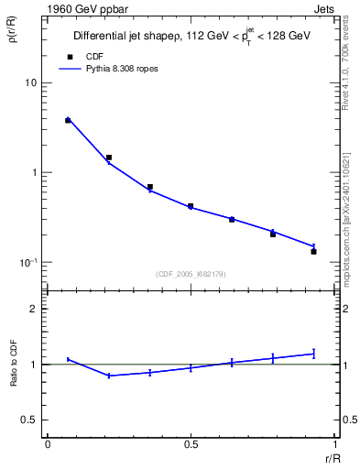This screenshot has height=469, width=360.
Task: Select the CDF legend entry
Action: point(82,55)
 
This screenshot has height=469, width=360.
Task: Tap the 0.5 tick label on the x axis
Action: point(191,443)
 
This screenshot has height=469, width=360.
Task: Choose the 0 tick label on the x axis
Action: point(48,443)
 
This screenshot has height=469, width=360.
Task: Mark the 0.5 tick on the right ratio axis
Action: point(349,420)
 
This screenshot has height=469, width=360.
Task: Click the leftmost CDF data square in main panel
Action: point(68,120)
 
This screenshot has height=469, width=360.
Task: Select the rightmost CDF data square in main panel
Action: point(313,251)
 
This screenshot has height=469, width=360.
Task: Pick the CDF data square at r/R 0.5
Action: point(191,206)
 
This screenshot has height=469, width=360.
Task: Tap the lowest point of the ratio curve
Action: point(109,376)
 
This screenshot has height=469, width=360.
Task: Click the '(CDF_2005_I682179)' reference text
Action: point(191,274)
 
